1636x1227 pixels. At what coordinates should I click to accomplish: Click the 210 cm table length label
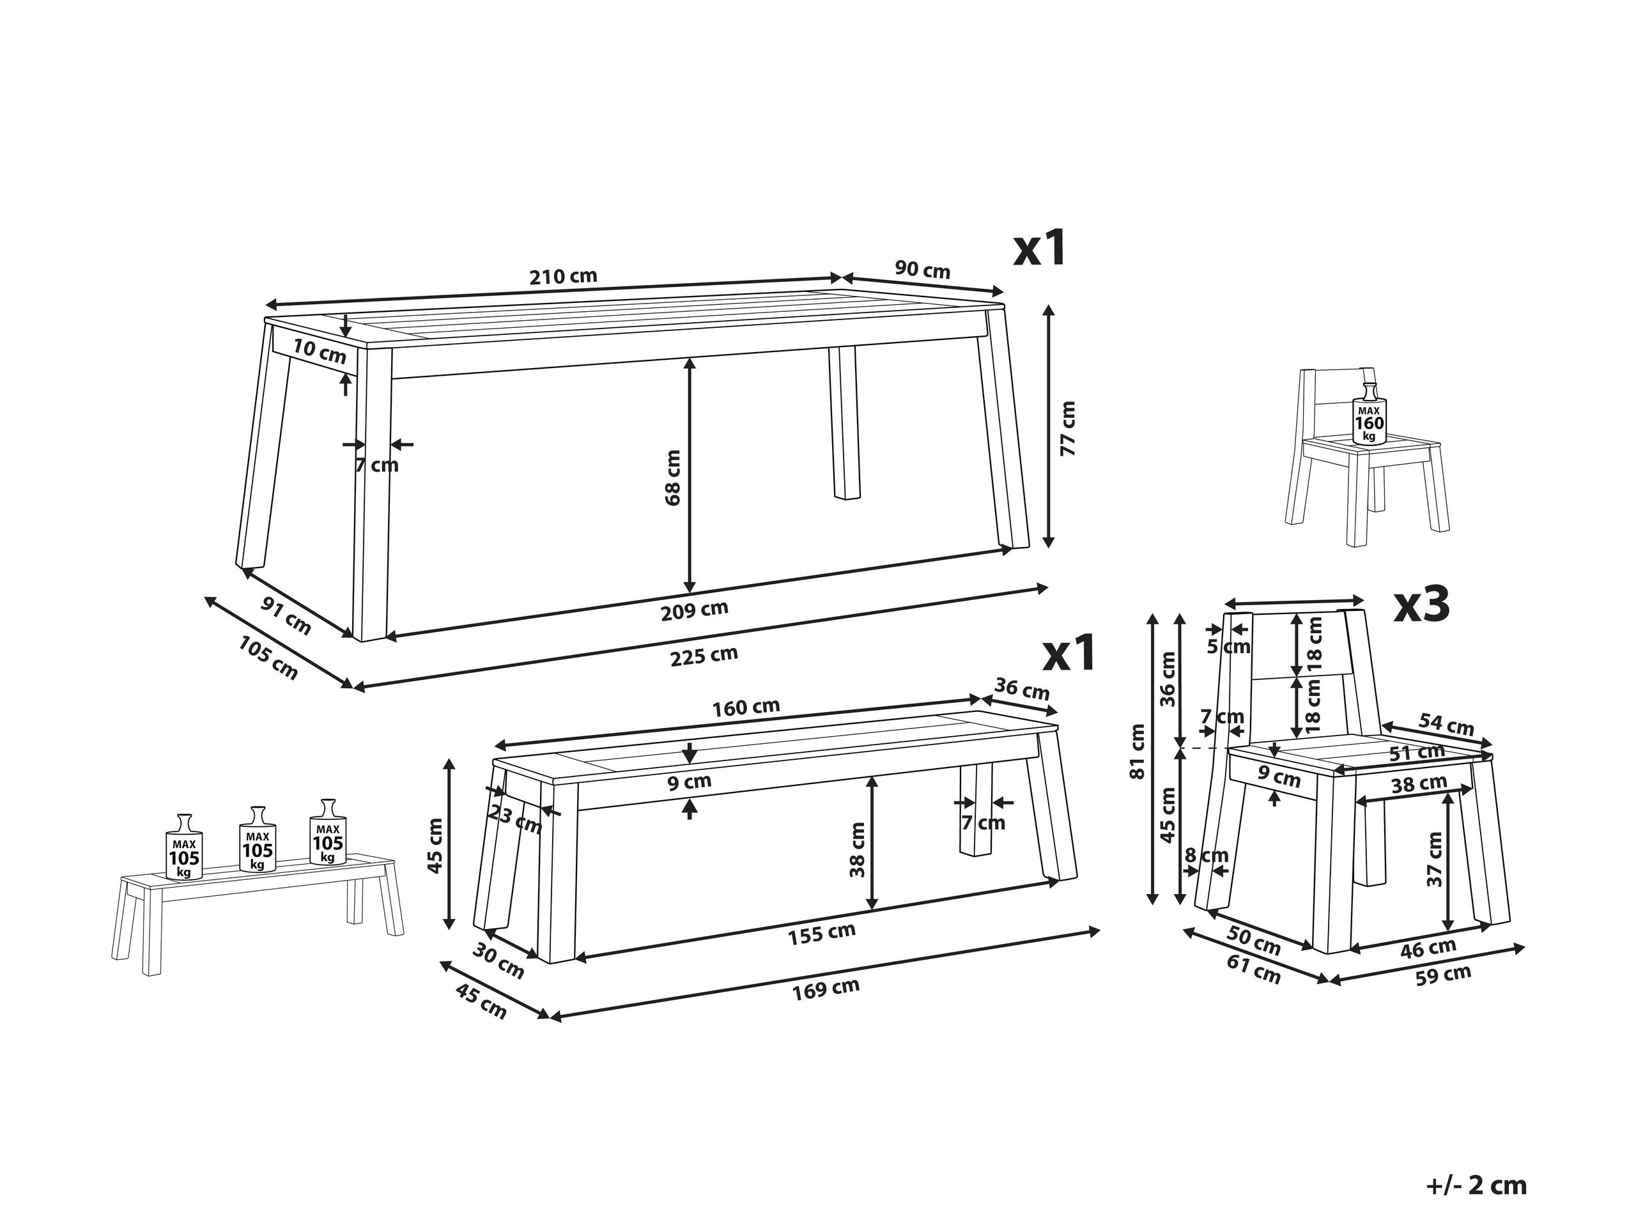tap(563, 277)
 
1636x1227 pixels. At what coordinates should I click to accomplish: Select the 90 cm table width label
tap(922, 270)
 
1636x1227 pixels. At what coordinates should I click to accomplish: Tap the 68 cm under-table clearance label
tap(672, 478)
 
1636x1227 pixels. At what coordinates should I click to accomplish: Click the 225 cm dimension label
tap(704, 655)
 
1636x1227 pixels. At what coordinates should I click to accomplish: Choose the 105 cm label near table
tap(268, 658)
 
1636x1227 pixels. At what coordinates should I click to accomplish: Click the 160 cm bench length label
tap(746, 708)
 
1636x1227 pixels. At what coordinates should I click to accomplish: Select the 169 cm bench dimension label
tap(826, 988)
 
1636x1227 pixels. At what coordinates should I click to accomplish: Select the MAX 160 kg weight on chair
tap(1369, 423)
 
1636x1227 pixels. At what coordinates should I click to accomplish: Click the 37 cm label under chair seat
tap(1434, 860)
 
